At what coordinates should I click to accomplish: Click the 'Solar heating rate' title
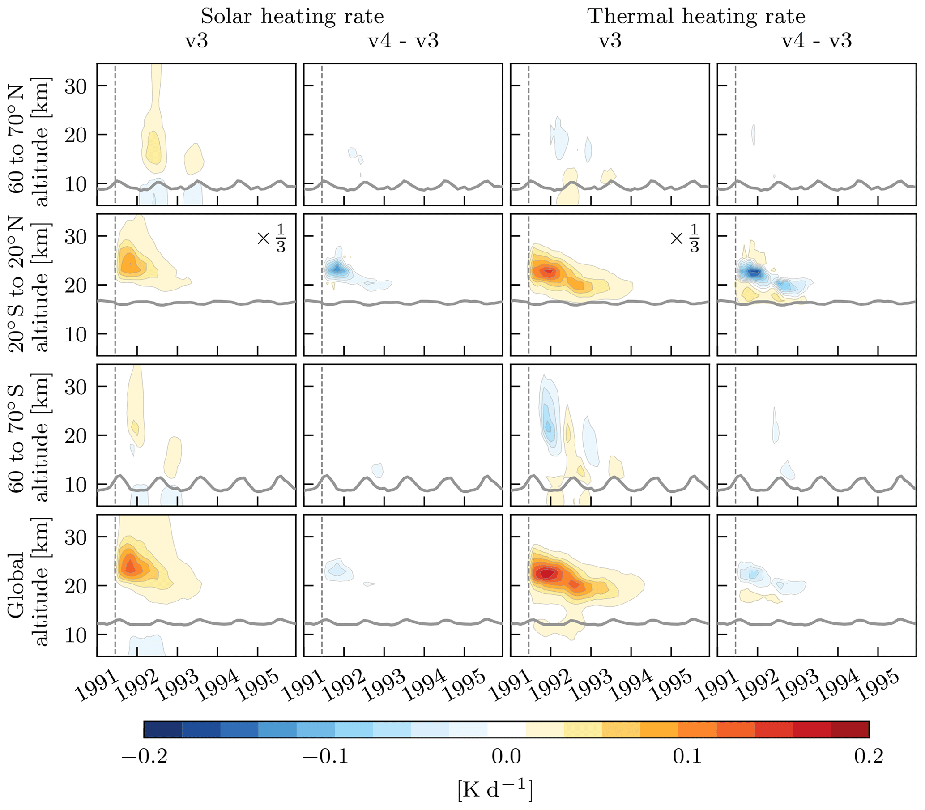coord(292,17)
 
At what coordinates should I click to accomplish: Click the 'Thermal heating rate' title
coord(696,17)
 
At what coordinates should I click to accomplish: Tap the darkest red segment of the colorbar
coord(850,729)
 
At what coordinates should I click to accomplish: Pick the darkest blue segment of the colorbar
coord(163,729)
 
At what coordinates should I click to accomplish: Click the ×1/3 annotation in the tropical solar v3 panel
coord(272,238)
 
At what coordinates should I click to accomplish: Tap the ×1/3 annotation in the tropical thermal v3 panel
coord(685,238)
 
